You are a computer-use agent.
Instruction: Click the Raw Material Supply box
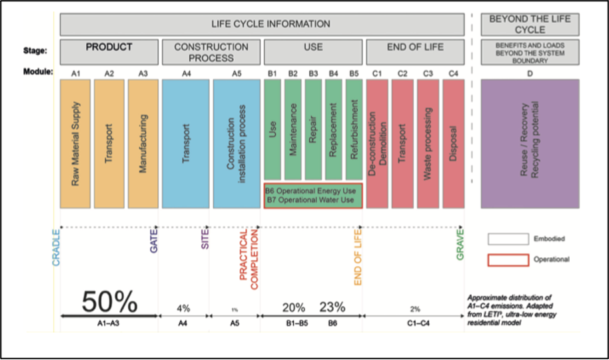click(x=75, y=143)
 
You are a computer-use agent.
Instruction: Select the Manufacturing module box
click(x=142, y=143)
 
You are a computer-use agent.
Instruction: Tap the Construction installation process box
click(x=236, y=143)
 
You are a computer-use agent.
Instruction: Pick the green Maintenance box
click(x=293, y=129)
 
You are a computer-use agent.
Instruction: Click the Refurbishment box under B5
click(x=354, y=129)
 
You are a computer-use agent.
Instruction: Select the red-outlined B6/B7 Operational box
click(x=312, y=195)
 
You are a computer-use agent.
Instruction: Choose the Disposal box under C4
click(x=453, y=143)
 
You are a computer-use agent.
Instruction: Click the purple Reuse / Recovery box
click(x=530, y=143)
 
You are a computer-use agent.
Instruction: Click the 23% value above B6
click(x=332, y=307)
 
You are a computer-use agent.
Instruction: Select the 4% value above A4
click(x=183, y=308)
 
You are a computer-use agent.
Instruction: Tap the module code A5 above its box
click(x=236, y=73)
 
